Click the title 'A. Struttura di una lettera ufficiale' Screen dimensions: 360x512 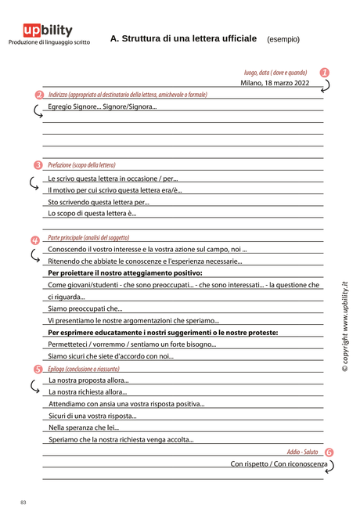point(183,38)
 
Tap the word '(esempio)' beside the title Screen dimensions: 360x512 point(283,39)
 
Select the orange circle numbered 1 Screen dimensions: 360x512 point(325,72)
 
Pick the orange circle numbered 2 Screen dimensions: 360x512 point(39,95)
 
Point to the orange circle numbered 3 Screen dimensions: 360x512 point(38,165)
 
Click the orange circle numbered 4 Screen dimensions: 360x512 point(35,240)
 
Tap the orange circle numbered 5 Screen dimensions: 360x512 point(38,368)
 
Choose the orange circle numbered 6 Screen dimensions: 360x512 point(329,453)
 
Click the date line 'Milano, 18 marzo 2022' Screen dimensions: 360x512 point(275,82)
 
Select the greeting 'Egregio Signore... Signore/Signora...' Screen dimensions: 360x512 point(102,106)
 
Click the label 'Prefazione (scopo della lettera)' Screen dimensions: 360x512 point(81,165)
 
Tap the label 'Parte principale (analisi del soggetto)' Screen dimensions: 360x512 point(88,237)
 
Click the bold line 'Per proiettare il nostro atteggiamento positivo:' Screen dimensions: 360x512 point(125,273)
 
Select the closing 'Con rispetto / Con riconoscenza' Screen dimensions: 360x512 point(279,464)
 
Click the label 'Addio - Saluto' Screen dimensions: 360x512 point(302,453)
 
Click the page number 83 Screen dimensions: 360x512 point(23,501)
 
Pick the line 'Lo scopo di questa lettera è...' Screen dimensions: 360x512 point(92,213)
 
